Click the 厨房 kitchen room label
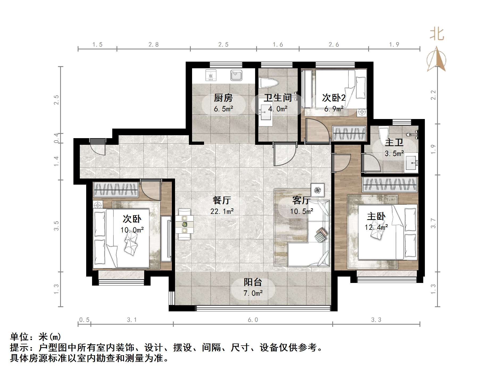point(223,98)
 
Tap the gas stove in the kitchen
point(211,75)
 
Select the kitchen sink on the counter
point(236,75)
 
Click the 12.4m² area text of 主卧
point(376,227)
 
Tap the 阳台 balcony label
point(253,282)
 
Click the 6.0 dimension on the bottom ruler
point(253,320)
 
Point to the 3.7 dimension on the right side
point(433,223)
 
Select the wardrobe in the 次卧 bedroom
point(115,190)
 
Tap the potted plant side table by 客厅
point(318,190)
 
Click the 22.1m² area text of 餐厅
point(222,211)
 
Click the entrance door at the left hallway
point(98,147)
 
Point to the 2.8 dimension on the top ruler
point(153,45)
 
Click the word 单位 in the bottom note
point(19,337)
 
